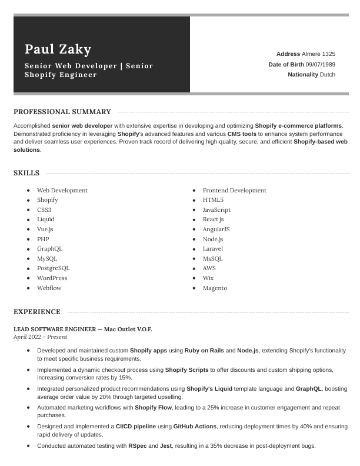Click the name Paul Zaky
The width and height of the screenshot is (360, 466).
pyautogui.click(x=58, y=49)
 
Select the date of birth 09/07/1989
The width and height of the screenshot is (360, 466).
pyautogui.click(x=320, y=64)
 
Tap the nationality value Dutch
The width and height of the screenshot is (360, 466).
pyautogui.click(x=328, y=75)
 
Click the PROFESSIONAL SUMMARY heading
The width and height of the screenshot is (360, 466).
pyautogui.click(x=62, y=112)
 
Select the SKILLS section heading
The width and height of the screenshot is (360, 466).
pyautogui.click(x=26, y=173)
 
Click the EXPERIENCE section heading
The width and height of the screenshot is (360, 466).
pyautogui.click(x=37, y=312)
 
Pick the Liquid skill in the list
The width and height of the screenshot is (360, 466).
pyautogui.click(x=45, y=219)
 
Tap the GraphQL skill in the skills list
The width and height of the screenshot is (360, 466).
pyautogui.click(x=49, y=249)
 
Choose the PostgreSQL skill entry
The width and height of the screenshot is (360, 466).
pyautogui.click(x=53, y=268)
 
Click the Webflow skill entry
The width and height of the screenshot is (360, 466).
pyautogui.click(x=49, y=288)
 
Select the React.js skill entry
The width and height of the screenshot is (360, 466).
pyautogui.click(x=213, y=219)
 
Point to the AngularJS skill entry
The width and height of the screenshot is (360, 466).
pyautogui.click(x=216, y=229)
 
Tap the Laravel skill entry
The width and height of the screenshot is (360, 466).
pyautogui.click(x=213, y=249)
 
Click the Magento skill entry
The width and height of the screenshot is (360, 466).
pyautogui.click(x=215, y=288)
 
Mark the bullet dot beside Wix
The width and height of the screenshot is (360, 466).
pyautogui.click(x=194, y=278)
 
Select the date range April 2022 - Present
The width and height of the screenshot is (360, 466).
pyautogui.click(x=40, y=337)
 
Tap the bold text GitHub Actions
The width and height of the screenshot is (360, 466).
pyautogui.click(x=196, y=426)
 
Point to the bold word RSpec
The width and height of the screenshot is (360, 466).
pyautogui.click(x=137, y=446)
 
